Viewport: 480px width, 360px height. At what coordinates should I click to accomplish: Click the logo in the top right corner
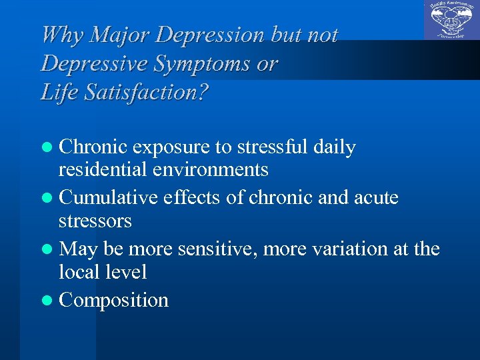tap(451, 20)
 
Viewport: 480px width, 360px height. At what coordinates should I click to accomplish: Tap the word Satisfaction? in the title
tap(146, 92)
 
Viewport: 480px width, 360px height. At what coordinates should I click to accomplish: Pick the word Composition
tap(113, 301)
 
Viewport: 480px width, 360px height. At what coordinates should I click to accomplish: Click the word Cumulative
tap(109, 198)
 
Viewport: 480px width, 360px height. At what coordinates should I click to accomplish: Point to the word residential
tap(101, 170)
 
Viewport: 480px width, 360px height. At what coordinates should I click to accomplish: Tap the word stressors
tap(95, 221)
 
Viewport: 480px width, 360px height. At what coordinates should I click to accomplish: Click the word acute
tap(374, 198)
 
